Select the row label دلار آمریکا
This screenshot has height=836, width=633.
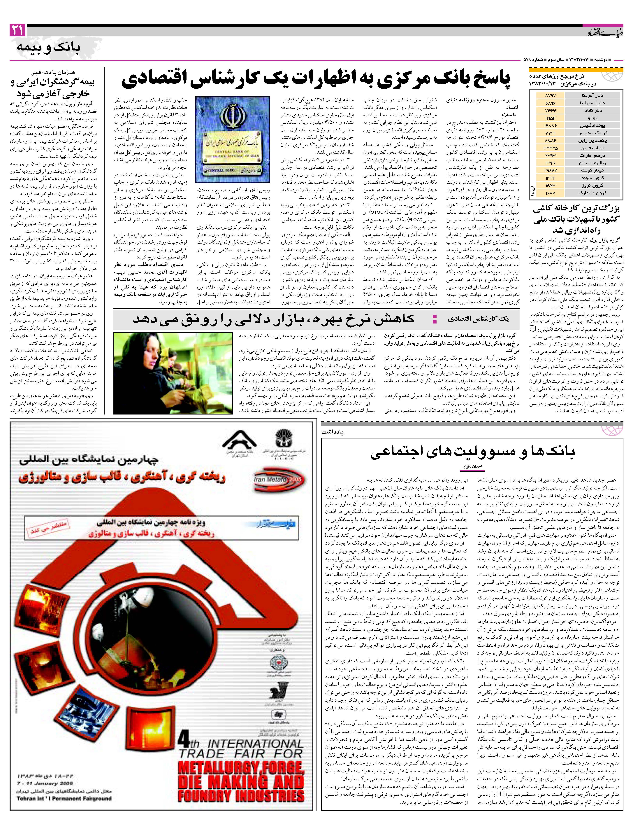click(x=593, y=96)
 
